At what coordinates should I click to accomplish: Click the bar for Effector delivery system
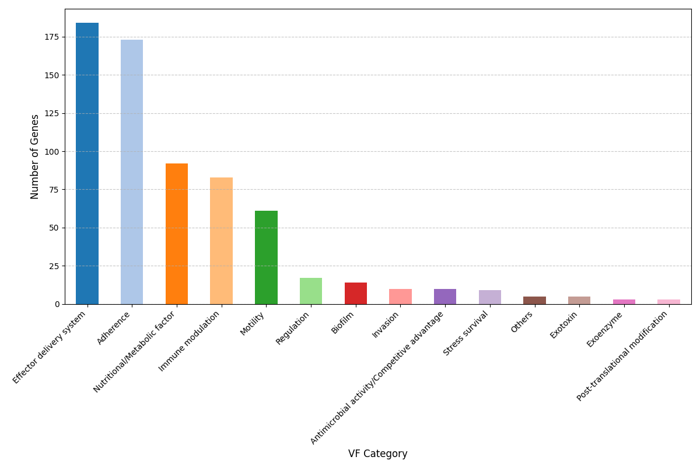(87, 163)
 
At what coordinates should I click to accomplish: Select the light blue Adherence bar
(132, 172)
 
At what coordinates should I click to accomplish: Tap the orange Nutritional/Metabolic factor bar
(177, 233)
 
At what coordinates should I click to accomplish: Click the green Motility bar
(266, 257)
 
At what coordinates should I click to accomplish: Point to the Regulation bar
(311, 291)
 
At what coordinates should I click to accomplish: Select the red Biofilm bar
(356, 294)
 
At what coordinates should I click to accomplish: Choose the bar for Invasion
(400, 297)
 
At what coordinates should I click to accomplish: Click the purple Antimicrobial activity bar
(445, 297)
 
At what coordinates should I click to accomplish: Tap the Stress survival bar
(490, 297)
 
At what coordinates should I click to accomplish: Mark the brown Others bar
(534, 300)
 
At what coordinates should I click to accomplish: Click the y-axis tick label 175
(52, 37)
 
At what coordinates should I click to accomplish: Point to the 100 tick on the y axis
(52, 152)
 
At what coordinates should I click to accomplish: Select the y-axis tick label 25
(54, 266)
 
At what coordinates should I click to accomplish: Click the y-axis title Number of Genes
(35, 156)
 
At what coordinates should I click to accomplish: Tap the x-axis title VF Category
(377, 454)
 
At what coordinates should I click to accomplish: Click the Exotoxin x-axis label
(564, 325)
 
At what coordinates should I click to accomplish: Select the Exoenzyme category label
(605, 330)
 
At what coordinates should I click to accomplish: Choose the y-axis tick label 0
(57, 304)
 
